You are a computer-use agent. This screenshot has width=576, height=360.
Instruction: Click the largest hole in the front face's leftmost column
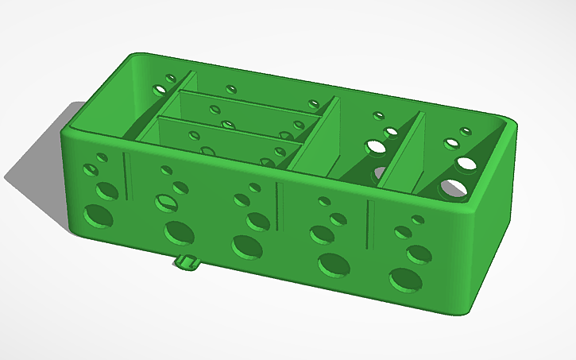pos(99,215)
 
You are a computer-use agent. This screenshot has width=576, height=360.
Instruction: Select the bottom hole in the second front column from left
pos(179,232)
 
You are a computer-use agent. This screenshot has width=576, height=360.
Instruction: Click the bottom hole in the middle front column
pos(246,247)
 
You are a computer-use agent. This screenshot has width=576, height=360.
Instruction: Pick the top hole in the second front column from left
pos(166,169)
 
